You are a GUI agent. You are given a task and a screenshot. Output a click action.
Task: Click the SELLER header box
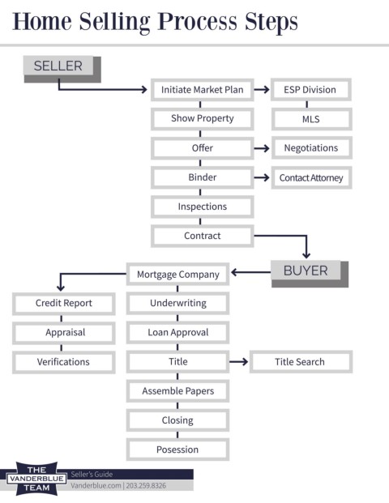pyautogui.click(x=62, y=70)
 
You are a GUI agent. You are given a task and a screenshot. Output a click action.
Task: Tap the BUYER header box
pyautogui.click(x=310, y=274)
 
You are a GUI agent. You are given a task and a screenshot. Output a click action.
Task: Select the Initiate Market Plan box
pyautogui.click(x=203, y=90)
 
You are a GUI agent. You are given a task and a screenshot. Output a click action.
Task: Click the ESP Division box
pyautogui.click(x=311, y=90)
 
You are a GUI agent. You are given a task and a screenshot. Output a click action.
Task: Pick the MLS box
pyautogui.click(x=311, y=119)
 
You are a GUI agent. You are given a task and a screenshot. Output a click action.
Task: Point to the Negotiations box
pyautogui.click(x=311, y=148)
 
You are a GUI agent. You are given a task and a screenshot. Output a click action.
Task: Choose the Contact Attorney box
pyautogui.click(x=311, y=177)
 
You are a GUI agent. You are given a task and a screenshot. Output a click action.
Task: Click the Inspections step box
pyautogui.click(x=203, y=207)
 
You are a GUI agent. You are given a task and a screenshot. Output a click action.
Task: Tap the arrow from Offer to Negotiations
pyautogui.click(x=262, y=148)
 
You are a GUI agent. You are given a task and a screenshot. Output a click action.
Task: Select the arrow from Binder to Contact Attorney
pyautogui.click(x=262, y=177)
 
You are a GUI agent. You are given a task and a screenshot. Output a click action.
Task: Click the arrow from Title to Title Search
pyautogui.click(x=239, y=362)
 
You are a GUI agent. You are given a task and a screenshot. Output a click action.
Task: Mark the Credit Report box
pyautogui.click(x=63, y=303)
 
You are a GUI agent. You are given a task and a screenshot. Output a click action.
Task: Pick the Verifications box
pyautogui.click(x=63, y=362)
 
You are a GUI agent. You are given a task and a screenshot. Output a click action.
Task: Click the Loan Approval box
pyautogui.click(x=177, y=332)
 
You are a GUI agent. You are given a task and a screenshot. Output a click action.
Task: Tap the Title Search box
pyautogui.click(x=301, y=362)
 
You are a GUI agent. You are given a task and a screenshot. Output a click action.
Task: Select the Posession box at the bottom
pyautogui.click(x=177, y=450)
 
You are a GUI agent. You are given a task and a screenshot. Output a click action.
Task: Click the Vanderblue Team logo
pyautogui.click(x=36, y=479)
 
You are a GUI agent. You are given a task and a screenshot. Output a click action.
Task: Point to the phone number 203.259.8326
pyautogui.click(x=146, y=486)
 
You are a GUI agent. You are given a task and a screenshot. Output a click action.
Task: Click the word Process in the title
pyautogui.click(x=198, y=22)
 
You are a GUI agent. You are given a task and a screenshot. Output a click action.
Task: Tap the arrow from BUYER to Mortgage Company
pyautogui.click(x=250, y=272)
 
